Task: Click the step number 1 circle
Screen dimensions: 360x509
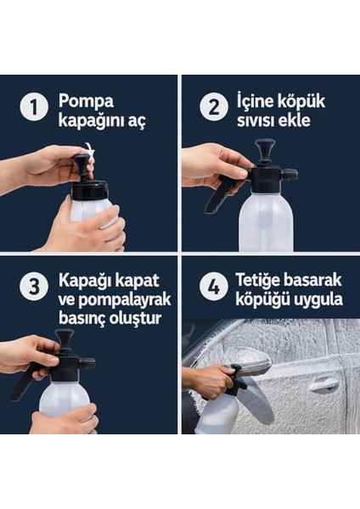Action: tap(34, 108)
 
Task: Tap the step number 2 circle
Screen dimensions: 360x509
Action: tap(213, 108)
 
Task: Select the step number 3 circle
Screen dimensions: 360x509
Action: tap(34, 287)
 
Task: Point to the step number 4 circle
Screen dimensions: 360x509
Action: tap(213, 287)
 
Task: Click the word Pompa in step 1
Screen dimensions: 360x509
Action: tap(86, 102)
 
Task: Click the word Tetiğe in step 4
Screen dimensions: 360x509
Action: tap(258, 281)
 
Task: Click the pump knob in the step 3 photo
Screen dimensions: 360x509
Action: tap(64, 338)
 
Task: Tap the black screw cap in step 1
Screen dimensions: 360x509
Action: tap(89, 190)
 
